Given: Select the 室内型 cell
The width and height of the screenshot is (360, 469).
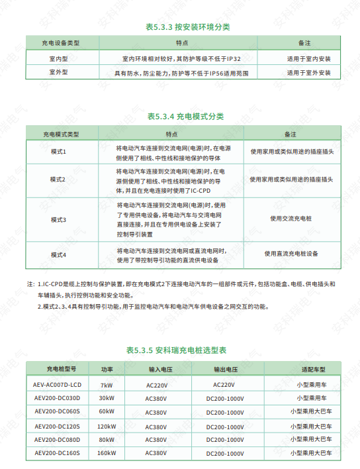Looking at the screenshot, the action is [x=60, y=58].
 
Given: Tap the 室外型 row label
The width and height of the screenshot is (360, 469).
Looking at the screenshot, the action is [x=60, y=72].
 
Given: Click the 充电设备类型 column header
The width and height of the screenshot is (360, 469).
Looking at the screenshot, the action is [x=60, y=42].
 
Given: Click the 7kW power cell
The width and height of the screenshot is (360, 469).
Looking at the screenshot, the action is [x=106, y=385].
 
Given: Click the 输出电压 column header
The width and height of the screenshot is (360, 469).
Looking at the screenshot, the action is [x=225, y=369].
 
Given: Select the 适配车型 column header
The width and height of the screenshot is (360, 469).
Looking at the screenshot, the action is [x=312, y=369].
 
